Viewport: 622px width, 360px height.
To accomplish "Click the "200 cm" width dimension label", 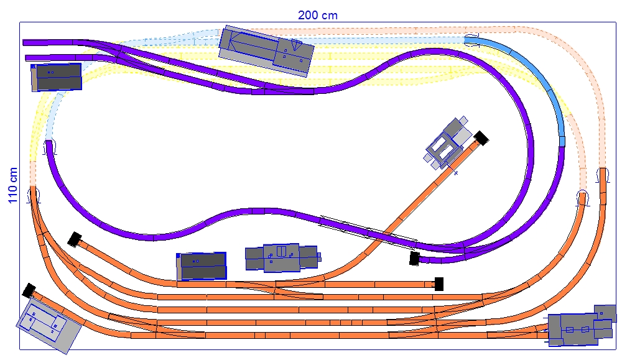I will [x=317, y=15].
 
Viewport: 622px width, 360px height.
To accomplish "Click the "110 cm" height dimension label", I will [x=12, y=185].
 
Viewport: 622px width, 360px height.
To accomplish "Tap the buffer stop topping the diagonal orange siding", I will [x=480, y=138].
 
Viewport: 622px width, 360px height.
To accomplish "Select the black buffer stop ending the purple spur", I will [x=414, y=258].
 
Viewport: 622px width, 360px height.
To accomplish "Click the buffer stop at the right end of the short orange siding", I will [x=439, y=284].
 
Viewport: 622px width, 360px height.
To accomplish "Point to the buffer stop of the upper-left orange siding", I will [x=75, y=239].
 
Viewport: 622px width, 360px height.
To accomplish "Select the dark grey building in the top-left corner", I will [x=57, y=77].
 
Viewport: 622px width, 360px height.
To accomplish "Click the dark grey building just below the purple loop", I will [x=202, y=265].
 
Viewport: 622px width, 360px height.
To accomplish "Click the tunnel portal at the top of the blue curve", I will [x=471, y=38].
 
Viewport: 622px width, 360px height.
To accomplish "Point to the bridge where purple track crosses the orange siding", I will [x=367, y=230].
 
